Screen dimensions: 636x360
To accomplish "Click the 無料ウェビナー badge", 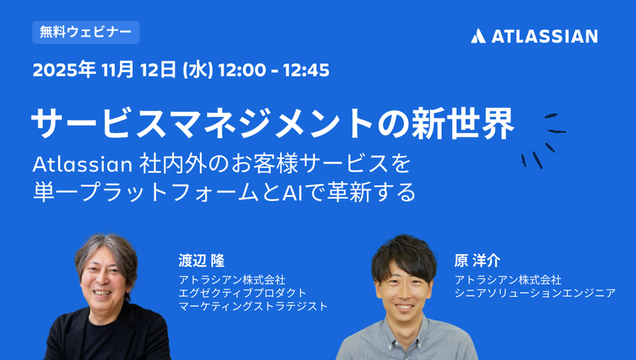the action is pyautogui.click(x=86, y=32).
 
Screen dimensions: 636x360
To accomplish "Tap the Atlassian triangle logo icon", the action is pyautogui.click(x=478, y=36).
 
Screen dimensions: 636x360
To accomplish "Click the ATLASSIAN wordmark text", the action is pyautogui.click(x=544, y=36).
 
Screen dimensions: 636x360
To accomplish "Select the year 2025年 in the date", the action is pyautogui.click(x=64, y=69).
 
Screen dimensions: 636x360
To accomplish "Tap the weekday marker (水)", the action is pyautogui.click(x=198, y=69).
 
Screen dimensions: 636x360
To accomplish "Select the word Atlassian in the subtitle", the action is pyautogui.click(x=82, y=164).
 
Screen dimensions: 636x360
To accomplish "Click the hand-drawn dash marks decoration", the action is pyautogui.click(x=544, y=141).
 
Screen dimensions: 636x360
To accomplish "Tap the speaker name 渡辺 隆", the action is pyautogui.click(x=201, y=261).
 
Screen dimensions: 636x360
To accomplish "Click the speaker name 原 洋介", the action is pyautogui.click(x=477, y=261).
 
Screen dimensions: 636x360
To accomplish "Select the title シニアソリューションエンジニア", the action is pyautogui.click(x=535, y=292).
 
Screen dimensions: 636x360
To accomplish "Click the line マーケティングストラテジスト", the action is pyautogui.click(x=253, y=306).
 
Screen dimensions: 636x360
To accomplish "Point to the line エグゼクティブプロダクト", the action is pyautogui.click(x=243, y=292).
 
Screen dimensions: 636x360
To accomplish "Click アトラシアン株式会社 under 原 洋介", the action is pyautogui.click(x=508, y=280).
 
